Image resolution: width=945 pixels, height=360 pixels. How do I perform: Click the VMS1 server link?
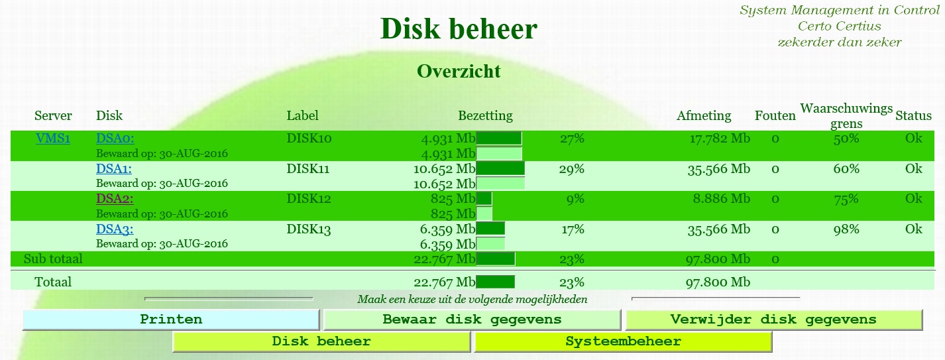click(53, 139)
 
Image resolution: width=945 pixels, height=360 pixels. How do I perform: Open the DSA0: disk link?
click(115, 139)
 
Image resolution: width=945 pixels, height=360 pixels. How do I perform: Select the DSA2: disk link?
click(115, 198)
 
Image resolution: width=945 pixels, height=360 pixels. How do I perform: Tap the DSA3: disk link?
click(115, 229)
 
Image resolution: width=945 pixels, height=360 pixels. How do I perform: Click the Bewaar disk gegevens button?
click(472, 320)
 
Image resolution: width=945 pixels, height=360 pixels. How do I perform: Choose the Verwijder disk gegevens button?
click(774, 320)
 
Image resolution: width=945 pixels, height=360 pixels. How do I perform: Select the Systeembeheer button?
click(623, 341)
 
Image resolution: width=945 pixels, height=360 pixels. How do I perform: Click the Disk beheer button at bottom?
click(321, 341)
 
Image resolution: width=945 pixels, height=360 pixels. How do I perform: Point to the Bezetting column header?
click(486, 115)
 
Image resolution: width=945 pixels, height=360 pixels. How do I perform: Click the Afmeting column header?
click(704, 115)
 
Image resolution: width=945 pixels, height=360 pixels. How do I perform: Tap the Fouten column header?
click(775, 115)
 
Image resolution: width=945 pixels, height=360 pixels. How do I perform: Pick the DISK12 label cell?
click(309, 198)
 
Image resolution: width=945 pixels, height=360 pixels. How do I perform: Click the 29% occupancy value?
click(572, 169)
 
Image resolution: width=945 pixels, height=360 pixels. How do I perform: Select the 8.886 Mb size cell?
click(722, 198)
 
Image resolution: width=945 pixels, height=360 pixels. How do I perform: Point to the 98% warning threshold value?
click(846, 229)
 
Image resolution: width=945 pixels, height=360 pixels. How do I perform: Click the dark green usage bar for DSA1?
click(500, 168)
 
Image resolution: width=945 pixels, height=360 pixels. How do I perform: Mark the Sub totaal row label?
click(53, 259)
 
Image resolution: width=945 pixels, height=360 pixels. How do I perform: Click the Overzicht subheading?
click(459, 71)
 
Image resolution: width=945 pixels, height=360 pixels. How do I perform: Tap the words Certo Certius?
click(840, 26)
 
